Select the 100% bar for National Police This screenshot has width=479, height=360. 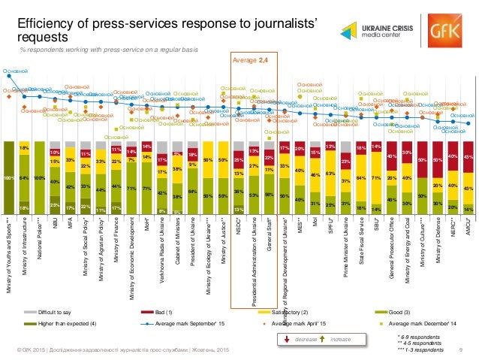[40, 177]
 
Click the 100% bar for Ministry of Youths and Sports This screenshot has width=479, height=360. [9, 177]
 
